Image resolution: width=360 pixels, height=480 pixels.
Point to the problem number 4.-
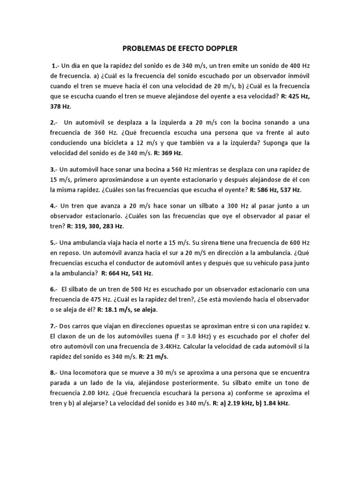[x=54, y=206]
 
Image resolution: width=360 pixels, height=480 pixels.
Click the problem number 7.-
[x=54, y=326]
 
